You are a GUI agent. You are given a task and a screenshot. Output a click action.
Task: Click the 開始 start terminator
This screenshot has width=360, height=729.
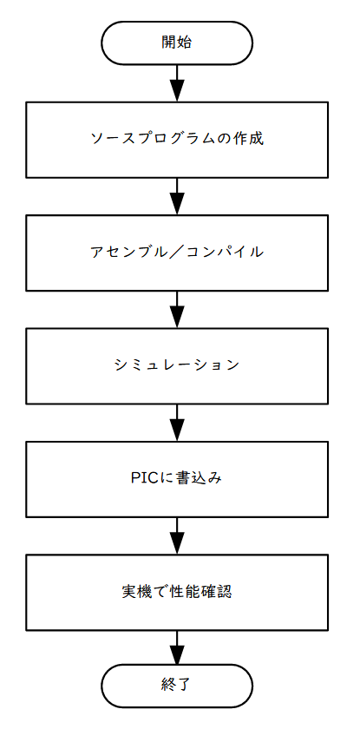[x=177, y=43]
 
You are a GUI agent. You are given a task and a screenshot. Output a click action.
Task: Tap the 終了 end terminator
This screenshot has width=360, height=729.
[x=177, y=685]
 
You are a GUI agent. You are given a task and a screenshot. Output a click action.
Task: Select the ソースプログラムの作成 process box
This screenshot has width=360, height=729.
[x=177, y=140]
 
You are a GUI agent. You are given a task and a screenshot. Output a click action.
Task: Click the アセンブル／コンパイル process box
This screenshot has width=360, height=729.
[x=177, y=253]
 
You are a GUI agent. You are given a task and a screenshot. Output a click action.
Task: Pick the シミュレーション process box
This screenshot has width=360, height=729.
[x=177, y=366]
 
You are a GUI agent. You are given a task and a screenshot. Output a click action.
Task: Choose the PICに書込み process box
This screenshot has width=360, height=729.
[x=177, y=479]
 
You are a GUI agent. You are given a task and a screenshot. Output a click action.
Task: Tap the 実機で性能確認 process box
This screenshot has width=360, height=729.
[x=177, y=592]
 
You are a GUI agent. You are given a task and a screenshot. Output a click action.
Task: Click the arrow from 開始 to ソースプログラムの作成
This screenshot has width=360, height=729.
[x=177, y=83]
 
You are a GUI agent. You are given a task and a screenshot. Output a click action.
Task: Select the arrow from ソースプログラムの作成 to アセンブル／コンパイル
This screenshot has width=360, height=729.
[x=177, y=196]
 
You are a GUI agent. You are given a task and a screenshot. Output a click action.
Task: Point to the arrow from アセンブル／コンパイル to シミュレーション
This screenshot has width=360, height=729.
[x=177, y=310]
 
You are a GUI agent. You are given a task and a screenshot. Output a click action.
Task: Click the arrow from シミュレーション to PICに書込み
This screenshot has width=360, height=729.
[x=177, y=423]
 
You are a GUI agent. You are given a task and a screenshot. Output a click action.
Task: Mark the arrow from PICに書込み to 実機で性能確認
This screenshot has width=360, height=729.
[x=177, y=535]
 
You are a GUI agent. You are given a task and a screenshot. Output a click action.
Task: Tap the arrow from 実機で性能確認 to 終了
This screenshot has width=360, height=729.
[x=177, y=647]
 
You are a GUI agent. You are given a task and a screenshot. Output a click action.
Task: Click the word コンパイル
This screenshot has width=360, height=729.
[x=225, y=252]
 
